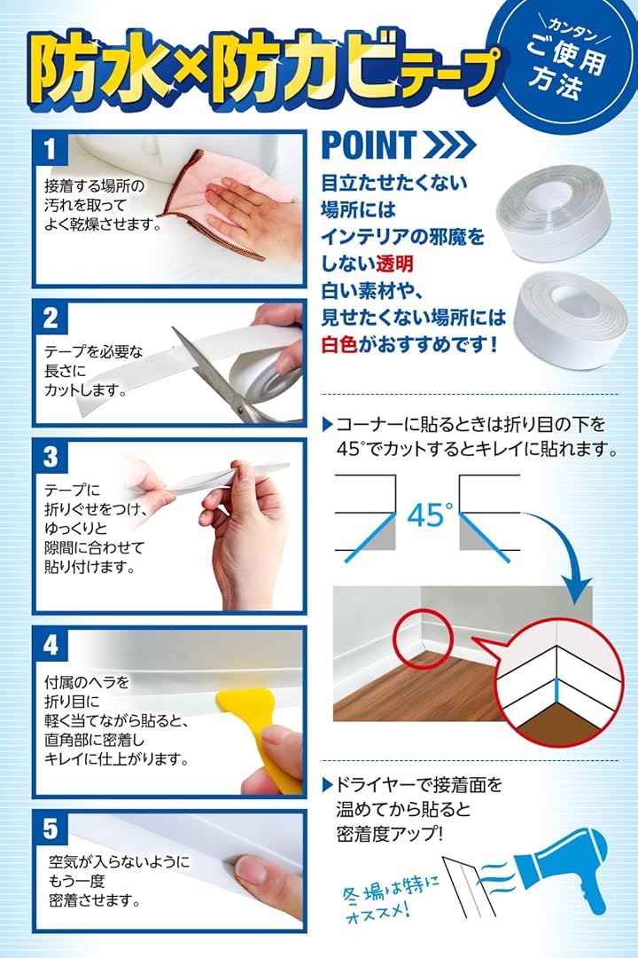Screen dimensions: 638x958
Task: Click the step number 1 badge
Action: (51, 149)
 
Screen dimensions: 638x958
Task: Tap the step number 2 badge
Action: (51, 318)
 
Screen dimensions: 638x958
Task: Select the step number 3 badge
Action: (51, 457)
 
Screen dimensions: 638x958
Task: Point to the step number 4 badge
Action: (51, 645)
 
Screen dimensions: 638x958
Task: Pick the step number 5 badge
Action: (51, 829)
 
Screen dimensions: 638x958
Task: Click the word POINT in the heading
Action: (369, 145)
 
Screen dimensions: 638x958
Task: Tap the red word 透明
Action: (394, 263)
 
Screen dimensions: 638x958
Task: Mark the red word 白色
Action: (339, 344)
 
